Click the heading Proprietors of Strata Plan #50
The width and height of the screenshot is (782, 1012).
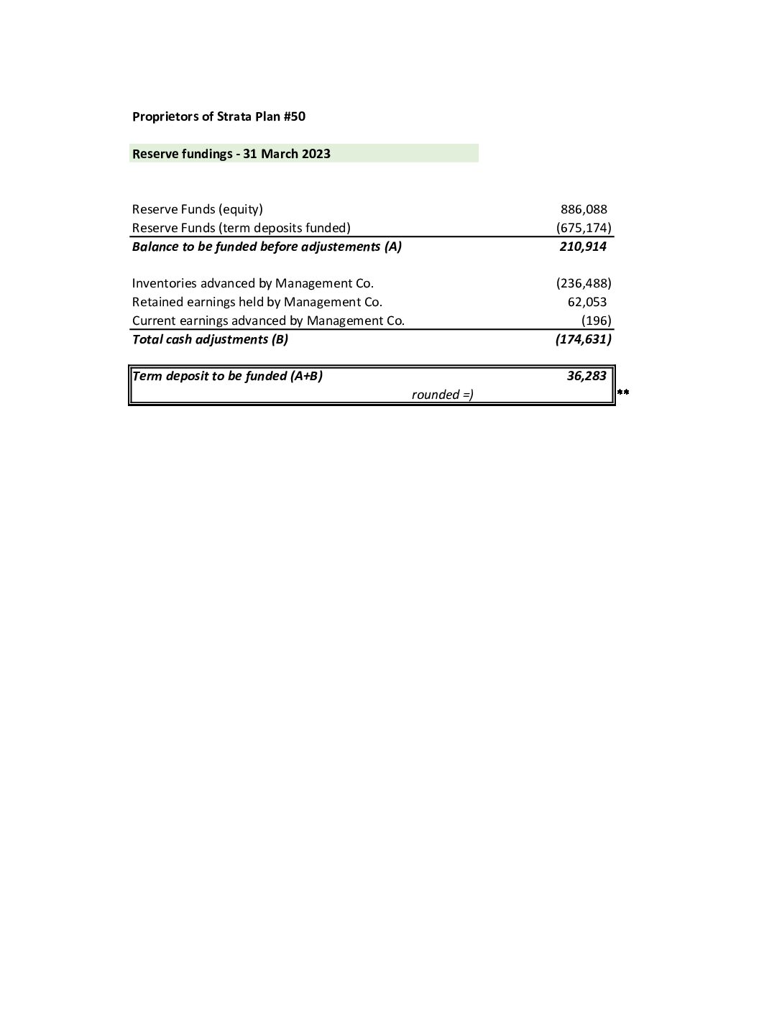pos(218,116)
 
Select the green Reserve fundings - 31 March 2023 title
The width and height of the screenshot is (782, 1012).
pos(231,154)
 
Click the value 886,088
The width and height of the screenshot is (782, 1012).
pos(584,210)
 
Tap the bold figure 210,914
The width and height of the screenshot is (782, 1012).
pos(583,247)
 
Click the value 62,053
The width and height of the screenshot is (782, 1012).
pos(587,302)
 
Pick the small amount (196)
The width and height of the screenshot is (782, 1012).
pos(597,321)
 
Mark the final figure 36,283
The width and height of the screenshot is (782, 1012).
pos(586,376)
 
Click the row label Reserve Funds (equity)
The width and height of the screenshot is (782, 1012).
pos(198,210)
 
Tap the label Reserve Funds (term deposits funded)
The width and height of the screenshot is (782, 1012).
pos(241,228)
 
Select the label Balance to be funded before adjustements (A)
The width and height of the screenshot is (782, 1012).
pos(267,247)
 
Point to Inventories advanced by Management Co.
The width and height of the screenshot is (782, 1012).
pos(253,283)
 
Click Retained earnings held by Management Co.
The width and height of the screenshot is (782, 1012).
pos(257,302)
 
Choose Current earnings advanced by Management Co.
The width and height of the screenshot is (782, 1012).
pos(268,321)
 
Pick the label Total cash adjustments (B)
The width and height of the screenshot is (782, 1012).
pos(210,339)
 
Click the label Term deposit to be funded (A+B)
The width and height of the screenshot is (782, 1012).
pos(227,376)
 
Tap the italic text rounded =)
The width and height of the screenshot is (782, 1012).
pos(442,395)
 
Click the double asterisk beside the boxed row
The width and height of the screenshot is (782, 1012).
pos(623,392)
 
